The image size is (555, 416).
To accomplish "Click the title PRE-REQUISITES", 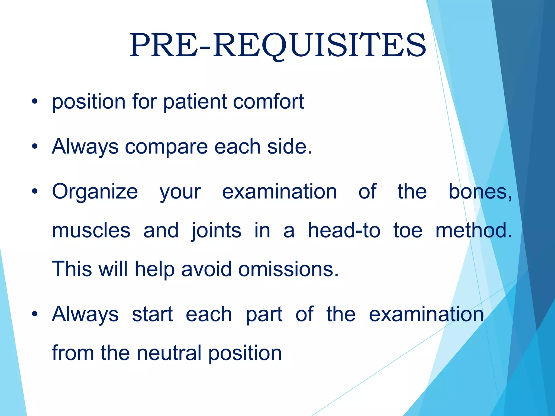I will pyautogui.click(x=278, y=45).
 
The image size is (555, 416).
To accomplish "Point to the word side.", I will pyautogui.click(x=289, y=147).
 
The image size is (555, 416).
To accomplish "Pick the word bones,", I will pyautogui.click(x=480, y=192).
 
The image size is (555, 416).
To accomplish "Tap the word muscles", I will pyautogui.click(x=91, y=230).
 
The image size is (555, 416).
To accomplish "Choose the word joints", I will pyautogui.click(x=216, y=230).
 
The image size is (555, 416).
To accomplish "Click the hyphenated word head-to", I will pyautogui.click(x=344, y=230).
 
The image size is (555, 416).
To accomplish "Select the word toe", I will pyautogui.click(x=408, y=230).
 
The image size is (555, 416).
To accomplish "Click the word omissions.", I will pyautogui.click(x=288, y=269).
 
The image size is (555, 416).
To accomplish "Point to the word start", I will pyautogui.click(x=152, y=314).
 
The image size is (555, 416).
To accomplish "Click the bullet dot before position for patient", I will pyautogui.click(x=34, y=102).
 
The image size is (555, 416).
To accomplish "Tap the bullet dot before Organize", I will pyautogui.click(x=34, y=192).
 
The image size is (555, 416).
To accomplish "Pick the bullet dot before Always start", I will pyautogui.click(x=34, y=314).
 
